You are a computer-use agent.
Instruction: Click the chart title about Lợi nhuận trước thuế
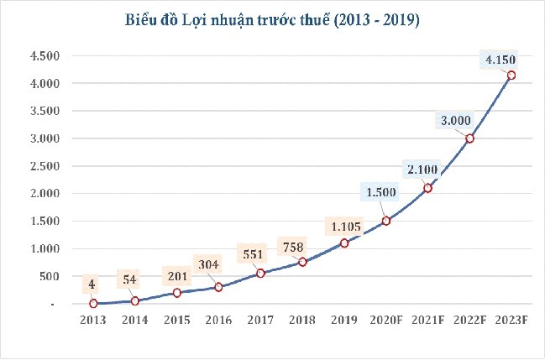tap(272, 18)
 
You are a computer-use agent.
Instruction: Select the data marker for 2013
tap(93, 303)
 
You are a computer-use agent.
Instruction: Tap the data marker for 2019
tap(344, 243)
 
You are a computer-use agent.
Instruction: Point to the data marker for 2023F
tap(511, 75)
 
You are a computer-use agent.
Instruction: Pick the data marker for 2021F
tap(427, 188)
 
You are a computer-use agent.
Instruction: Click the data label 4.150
tap(500, 59)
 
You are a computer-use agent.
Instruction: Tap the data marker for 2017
tap(260, 273)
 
